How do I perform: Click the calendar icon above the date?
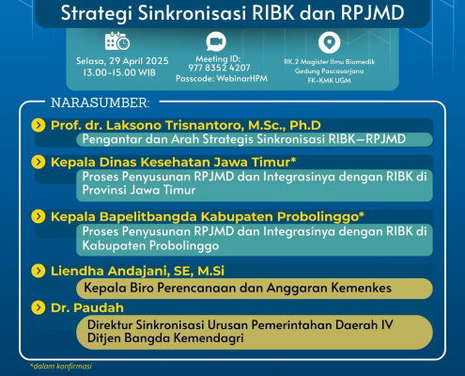pyautogui.click(x=117, y=41)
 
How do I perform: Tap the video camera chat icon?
pyautogui.click(x=216, y=41)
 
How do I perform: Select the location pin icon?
pyautogui.click(x=329, y=42)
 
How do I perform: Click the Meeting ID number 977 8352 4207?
pyautogui.click(x=219, y=68)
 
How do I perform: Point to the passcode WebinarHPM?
pyautogui.click(x=241, y=78)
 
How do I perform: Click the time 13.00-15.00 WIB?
pyautogui.click(x=119, y=72)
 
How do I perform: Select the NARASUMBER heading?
pyautogui.click(x=101, y=102)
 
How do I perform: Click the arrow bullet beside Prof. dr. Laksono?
pyautogui.click(x=39, y=125)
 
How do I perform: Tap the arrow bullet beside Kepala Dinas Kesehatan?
pyautogui.click(x=39, y=163)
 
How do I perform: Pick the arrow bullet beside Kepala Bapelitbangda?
pyautogui.click(x=39, y=216)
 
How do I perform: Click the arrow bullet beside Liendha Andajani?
pyautogui.click(x=39, y=271)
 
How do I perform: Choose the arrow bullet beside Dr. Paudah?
pyautogui.click(x=39, y=307)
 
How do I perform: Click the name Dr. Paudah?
pyautogui.click(x=87, y=308)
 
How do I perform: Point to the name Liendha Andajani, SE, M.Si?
pyautogui.click(x=137, y=272)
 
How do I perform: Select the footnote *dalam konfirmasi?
pyautogui.click(x=61, y=366)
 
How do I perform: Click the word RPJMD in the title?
pyautogui.click(x=372, y=13)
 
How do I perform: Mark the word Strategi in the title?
pyautogui.click(x=97, y=14)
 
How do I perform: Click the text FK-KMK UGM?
pyautogui.click(x=329, y=80)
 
